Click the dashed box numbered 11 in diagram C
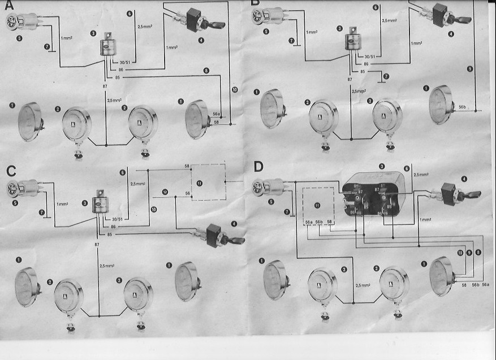[x=207, y=183]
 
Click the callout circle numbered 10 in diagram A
[x=235, y=90]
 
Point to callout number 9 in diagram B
[x=469, y=69]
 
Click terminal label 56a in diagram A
[x=216, y=114]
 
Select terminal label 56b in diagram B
[x=462, y=106]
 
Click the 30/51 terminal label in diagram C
[x=118, y=219]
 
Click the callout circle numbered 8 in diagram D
[x=478, y=252]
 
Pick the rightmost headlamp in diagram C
[x=187, y=281]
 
